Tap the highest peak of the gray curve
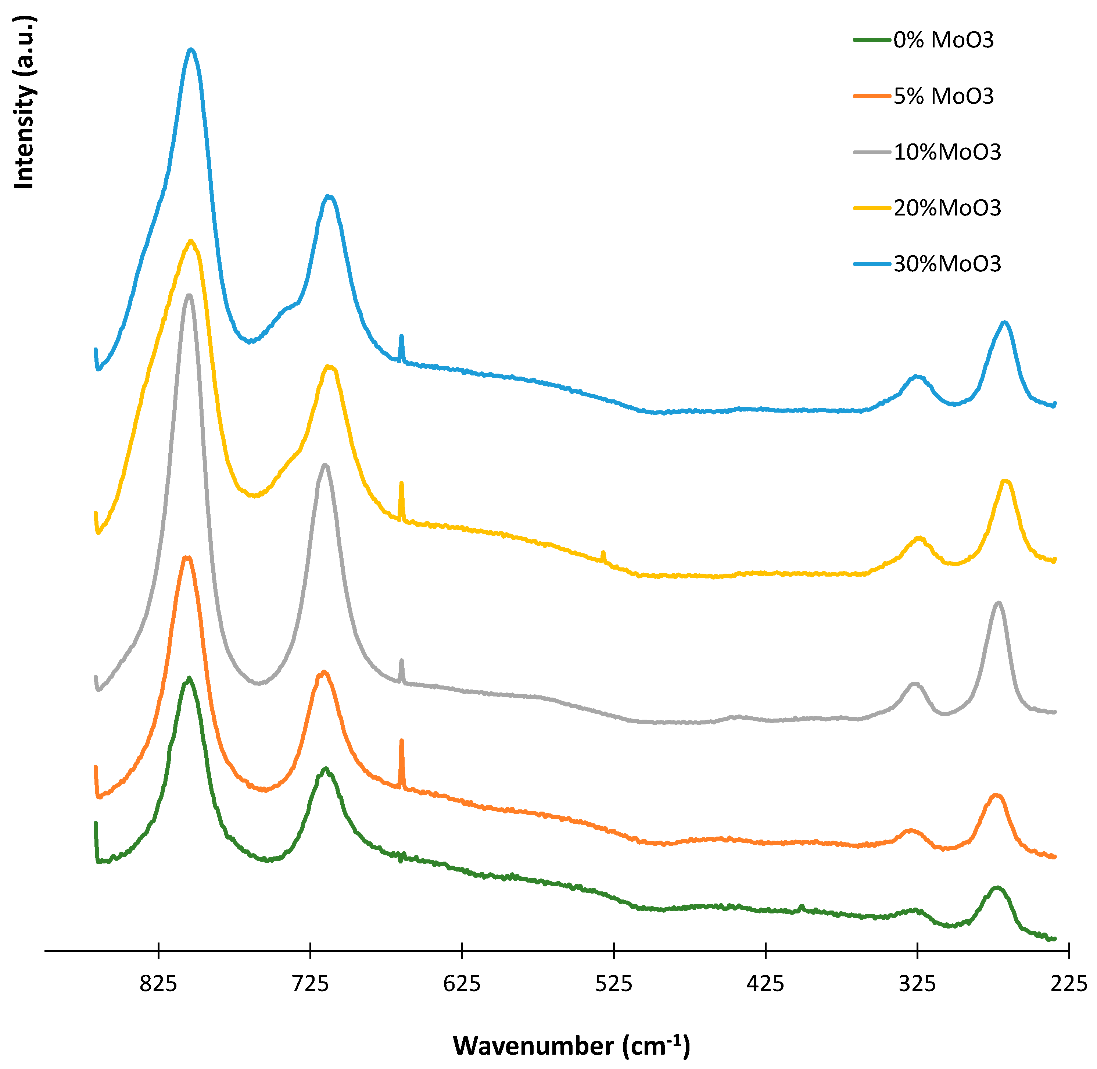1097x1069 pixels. [189, 295]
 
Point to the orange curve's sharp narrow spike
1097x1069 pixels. [401, 742]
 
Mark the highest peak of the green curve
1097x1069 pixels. [189, 678]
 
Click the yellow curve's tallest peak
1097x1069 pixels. [191, 241]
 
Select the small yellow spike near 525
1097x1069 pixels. [603, 553]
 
